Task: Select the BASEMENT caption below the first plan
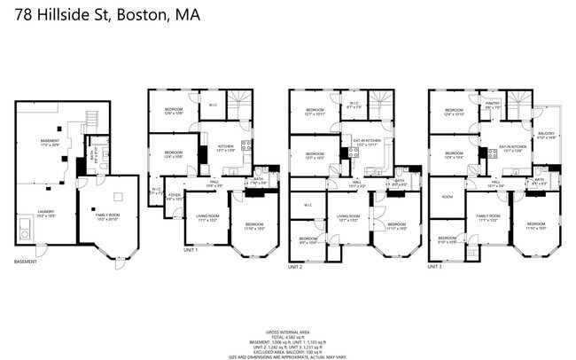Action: pos(26,262)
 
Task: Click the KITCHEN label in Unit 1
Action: pos(226,148)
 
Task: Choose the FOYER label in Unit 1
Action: pos(175,198)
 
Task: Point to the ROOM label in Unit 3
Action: pos(447,197)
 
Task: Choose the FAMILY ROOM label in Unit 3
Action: pos(488,215)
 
